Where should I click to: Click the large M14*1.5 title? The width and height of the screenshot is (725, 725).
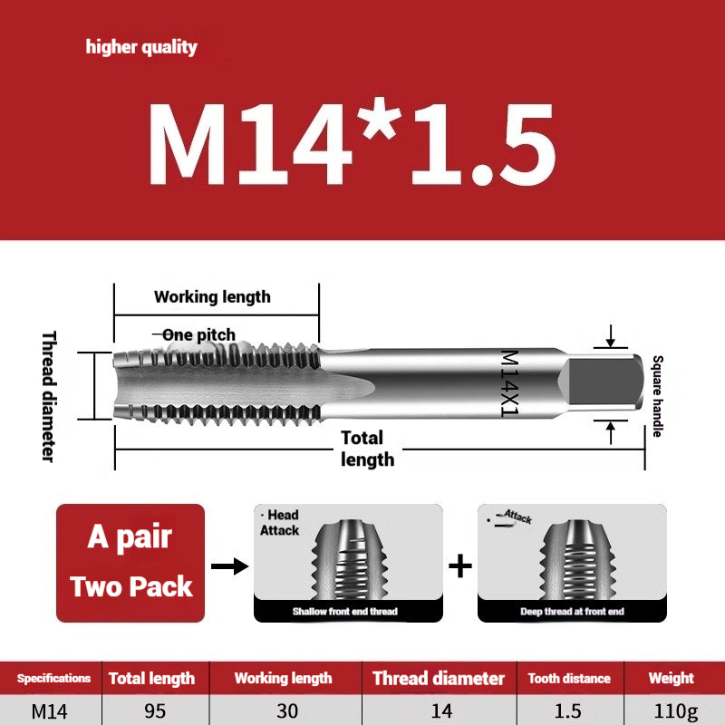pos(352,145)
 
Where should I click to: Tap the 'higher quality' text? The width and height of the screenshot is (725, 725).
pos(141,47)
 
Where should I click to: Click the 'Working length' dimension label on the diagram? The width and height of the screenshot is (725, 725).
pos(212,296)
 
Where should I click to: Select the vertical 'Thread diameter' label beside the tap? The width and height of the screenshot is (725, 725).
pos(49,395)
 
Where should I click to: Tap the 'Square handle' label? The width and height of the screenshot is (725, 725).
pos(657,395)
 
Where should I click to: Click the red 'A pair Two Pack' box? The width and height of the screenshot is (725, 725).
pos(131,563)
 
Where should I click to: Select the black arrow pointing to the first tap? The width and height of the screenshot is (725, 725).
pos(228,566)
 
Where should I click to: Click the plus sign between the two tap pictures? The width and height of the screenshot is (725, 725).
pos(460,566)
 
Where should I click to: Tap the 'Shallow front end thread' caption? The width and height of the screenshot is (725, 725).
pos(344,612)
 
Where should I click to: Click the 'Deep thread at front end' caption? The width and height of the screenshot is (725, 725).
pos(571,612)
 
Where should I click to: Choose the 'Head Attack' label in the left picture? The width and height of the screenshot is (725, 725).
pos(279,523)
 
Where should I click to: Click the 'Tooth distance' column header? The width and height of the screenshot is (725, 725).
pos(569,678)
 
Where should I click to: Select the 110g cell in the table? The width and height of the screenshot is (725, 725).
pos(671,710)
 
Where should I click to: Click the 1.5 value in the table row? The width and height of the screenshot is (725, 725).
pos(569,710)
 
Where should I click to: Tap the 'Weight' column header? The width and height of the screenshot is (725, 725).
pos(671,678)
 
